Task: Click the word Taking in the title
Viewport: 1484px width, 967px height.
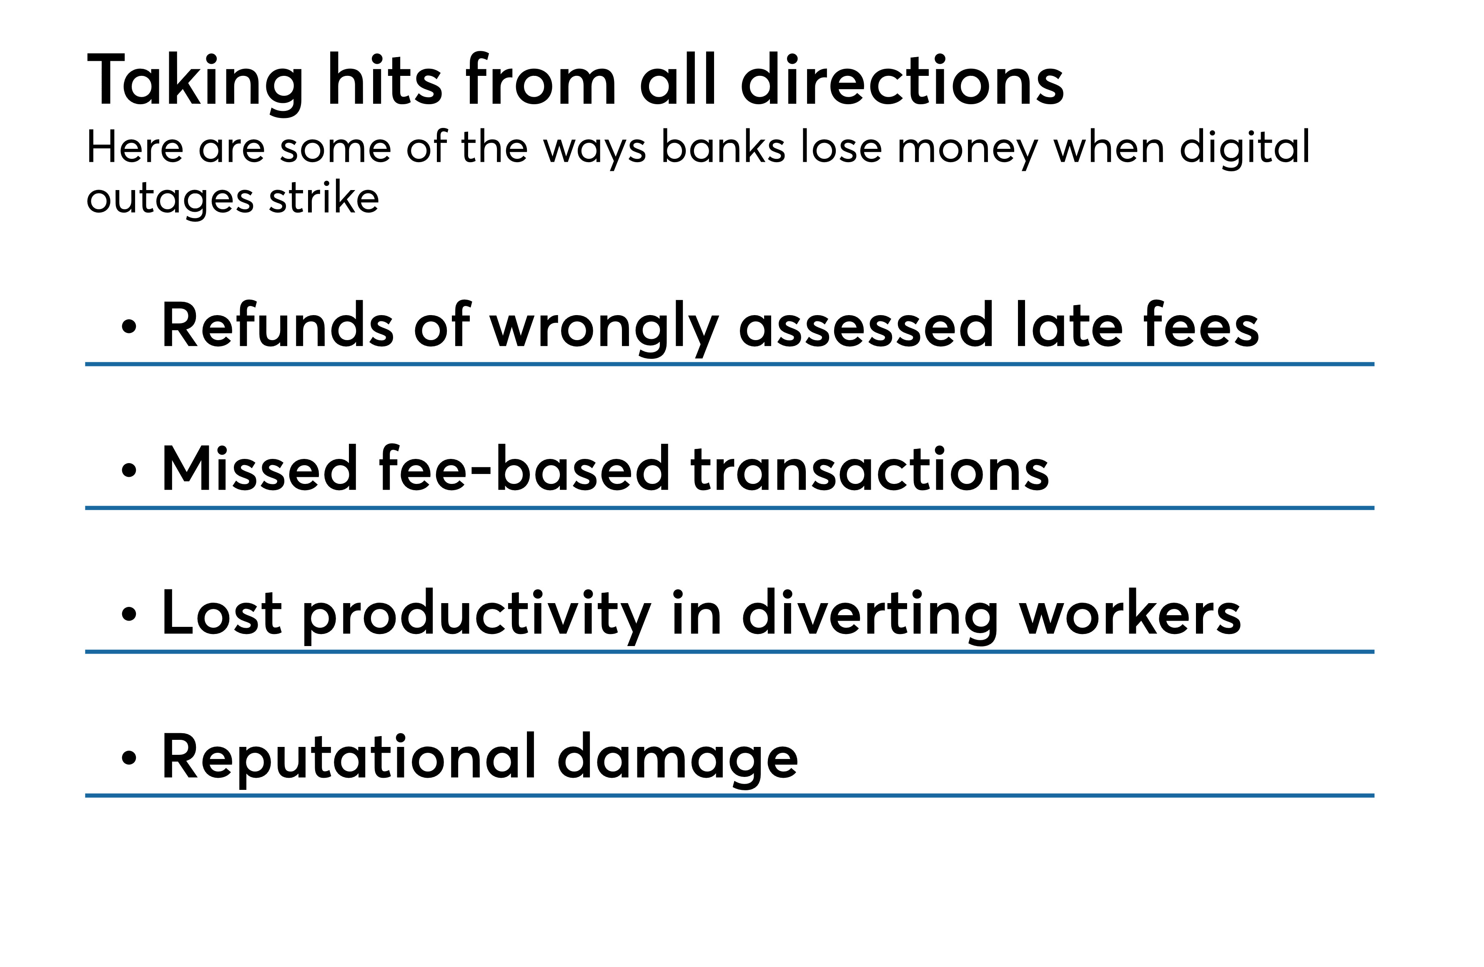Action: pyautogui.click(x=195, y=83)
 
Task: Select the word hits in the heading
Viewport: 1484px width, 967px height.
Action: pyautogui.click(x=385, y=79)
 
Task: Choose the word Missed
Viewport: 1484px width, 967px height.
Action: pyautogui.click(x=259, y=469)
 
